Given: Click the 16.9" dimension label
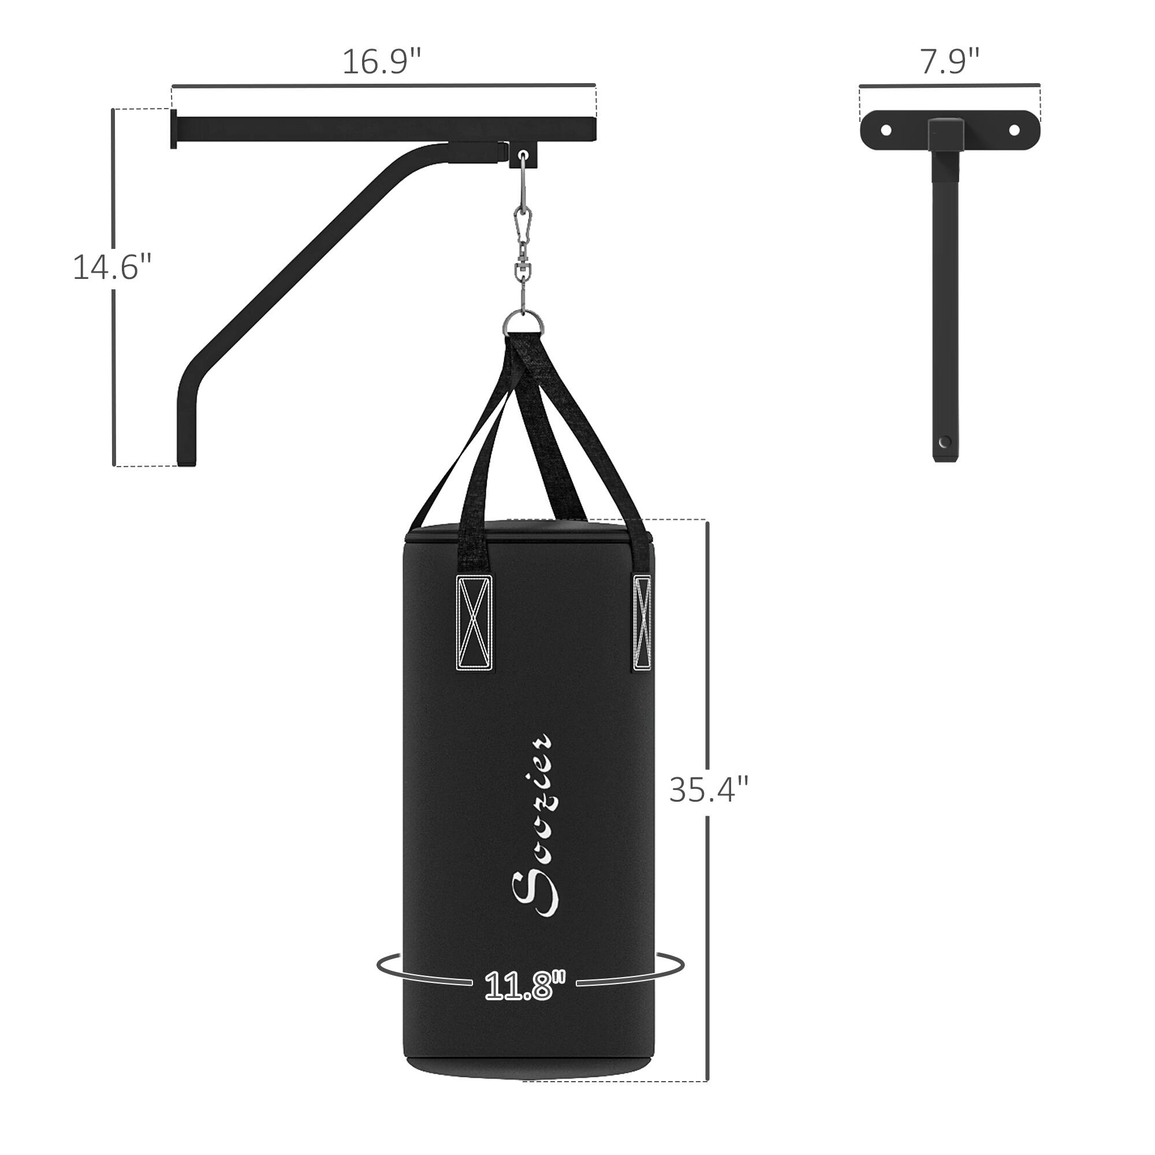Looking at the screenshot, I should click(x=381, y=62).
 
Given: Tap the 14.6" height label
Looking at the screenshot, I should click(x=112, y=267).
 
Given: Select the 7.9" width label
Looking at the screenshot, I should click(x=950, y=62).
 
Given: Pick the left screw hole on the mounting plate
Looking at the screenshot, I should click(x=886, y=130).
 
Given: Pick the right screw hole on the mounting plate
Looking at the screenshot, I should click(x=1014, y=130).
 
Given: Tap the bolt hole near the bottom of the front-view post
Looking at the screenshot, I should click(x=945, y=442).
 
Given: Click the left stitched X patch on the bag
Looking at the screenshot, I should click(x=475, y=622).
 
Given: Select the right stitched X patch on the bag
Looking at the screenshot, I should click(x=643, y=622).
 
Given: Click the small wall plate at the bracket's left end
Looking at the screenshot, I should click(x=173, y=129).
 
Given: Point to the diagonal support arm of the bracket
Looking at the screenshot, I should click(x=299, y=263).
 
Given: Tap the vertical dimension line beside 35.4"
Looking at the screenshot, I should click(x=708, y=658).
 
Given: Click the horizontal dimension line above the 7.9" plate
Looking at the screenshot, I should click(x=950, y=85).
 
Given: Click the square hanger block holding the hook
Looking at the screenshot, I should click(x=524, y=154).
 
